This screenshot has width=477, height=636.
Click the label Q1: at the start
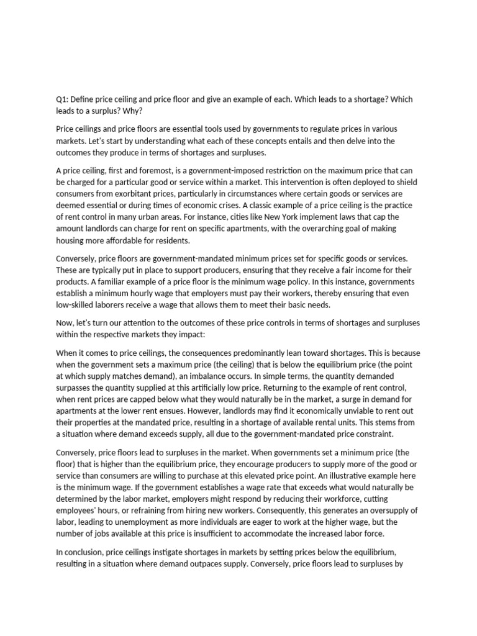63,99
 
